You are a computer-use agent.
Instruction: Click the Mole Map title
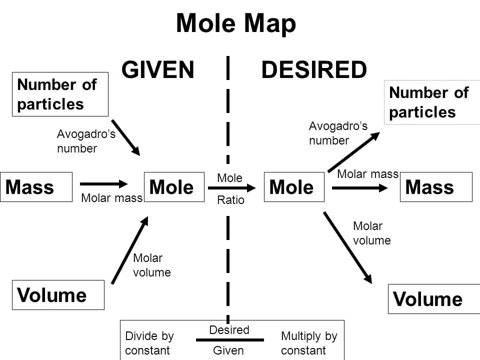click(x=236, y=24)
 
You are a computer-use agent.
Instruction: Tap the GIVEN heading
click(x=157, y=70)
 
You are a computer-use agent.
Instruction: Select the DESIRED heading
click(x=314, y=70)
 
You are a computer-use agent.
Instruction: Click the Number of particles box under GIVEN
click(x=60, y=94)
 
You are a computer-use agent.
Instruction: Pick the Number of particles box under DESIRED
click(x=432, y=102)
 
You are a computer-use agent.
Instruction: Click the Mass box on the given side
click(x=36, y=187)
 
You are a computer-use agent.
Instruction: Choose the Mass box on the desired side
click(x=436, y=187)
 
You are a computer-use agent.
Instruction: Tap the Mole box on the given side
click(x=174, y=187)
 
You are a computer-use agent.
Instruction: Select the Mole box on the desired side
click(x=294, y=187)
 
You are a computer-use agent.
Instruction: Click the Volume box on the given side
click(x=58, y=295)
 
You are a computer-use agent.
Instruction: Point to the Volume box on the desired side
click(x=434, y=299)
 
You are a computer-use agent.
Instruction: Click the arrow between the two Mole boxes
click(x=231, y=188)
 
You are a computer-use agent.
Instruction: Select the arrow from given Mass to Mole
click(x=104, y=183)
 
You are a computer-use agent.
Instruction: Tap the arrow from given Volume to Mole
click(x=130, y=250)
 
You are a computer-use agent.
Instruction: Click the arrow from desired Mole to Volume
click(x=348, y=247)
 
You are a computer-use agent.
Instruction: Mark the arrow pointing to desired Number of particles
click(x=354, y=152)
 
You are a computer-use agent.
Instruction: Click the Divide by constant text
click(x=149, y=343)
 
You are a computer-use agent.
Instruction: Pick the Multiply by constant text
click(x=309, y=343)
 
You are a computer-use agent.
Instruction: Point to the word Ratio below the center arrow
click(x=231, y=200)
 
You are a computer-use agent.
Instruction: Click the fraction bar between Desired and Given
click(x=230, y=340)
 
